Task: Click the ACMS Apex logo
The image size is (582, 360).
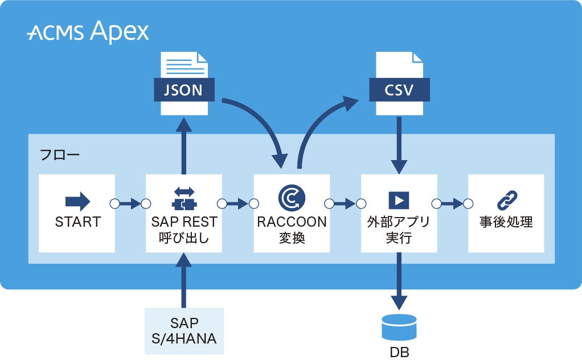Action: point(88,32)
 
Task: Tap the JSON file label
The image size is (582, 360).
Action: point(183,90)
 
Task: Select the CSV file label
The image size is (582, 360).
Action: point(399,90)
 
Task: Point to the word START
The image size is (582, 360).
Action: point(77,222)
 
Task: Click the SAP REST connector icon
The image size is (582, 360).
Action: point(184,199)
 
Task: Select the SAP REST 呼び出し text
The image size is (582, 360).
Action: point(184,230)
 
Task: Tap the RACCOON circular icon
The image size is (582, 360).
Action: point(292,198)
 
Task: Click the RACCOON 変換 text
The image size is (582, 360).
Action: point(292,230)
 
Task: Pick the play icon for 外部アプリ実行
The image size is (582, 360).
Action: point(399,200)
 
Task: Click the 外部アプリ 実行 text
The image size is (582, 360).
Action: point(399,230)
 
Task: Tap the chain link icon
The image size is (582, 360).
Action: point(506,201)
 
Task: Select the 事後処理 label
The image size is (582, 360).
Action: point(506,222)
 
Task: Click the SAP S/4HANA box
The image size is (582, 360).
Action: point(183,331)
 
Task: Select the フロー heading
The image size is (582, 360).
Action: point(60,154)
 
